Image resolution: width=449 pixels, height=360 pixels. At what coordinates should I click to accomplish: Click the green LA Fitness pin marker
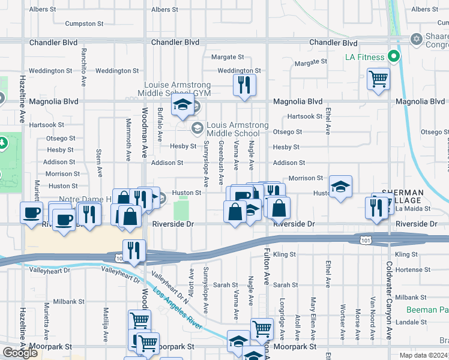[394, 58]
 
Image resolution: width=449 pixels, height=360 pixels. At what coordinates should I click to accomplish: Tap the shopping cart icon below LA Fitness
[378, 79]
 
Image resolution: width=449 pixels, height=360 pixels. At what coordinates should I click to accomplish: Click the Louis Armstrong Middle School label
[237, 129]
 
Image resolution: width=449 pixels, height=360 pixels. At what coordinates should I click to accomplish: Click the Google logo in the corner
[20, 353]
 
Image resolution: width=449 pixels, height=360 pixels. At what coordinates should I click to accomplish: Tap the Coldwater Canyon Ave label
[389, 300]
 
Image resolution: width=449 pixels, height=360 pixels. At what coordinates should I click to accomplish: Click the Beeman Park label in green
[427, 310]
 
